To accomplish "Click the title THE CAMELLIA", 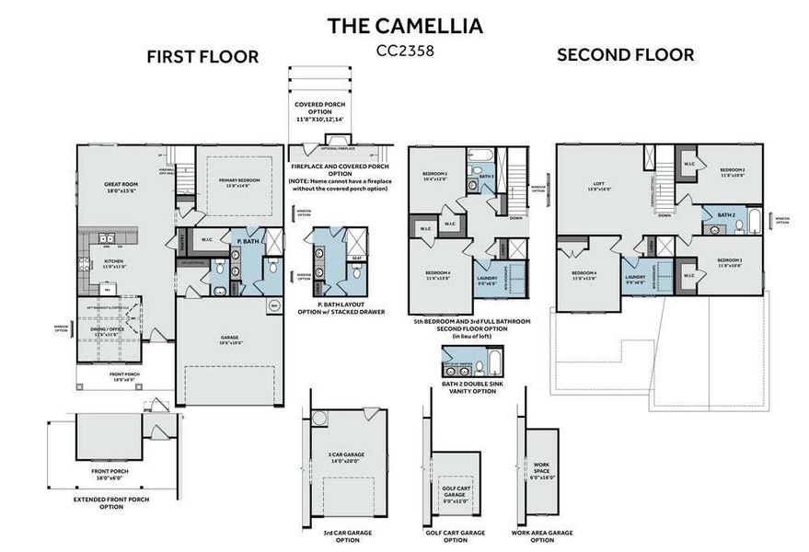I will [405, 25].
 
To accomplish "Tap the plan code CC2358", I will [405, 51].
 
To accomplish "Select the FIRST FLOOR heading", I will [202, 57].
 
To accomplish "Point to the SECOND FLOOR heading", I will [625, 54].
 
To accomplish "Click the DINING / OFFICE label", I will [109, 329].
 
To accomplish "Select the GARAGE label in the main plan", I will [230, 339].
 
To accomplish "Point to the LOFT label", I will [599, 186].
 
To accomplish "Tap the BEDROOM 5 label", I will [434, 176].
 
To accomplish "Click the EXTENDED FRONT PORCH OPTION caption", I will [111, 503].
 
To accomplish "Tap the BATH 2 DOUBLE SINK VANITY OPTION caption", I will [468, 386].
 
